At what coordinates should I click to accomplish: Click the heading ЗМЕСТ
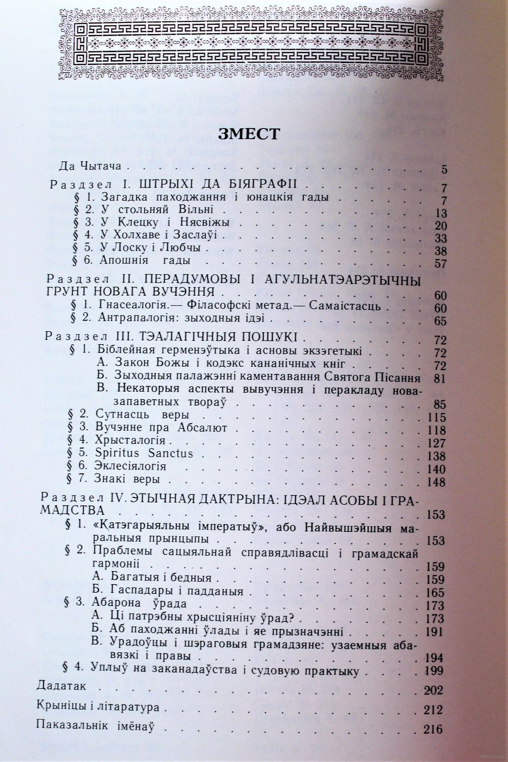click(248, 134)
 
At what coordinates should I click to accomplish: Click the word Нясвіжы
click(205, 222)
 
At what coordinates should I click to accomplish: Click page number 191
click(436, 633)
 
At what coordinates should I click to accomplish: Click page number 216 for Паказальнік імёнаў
click(433, 730)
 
